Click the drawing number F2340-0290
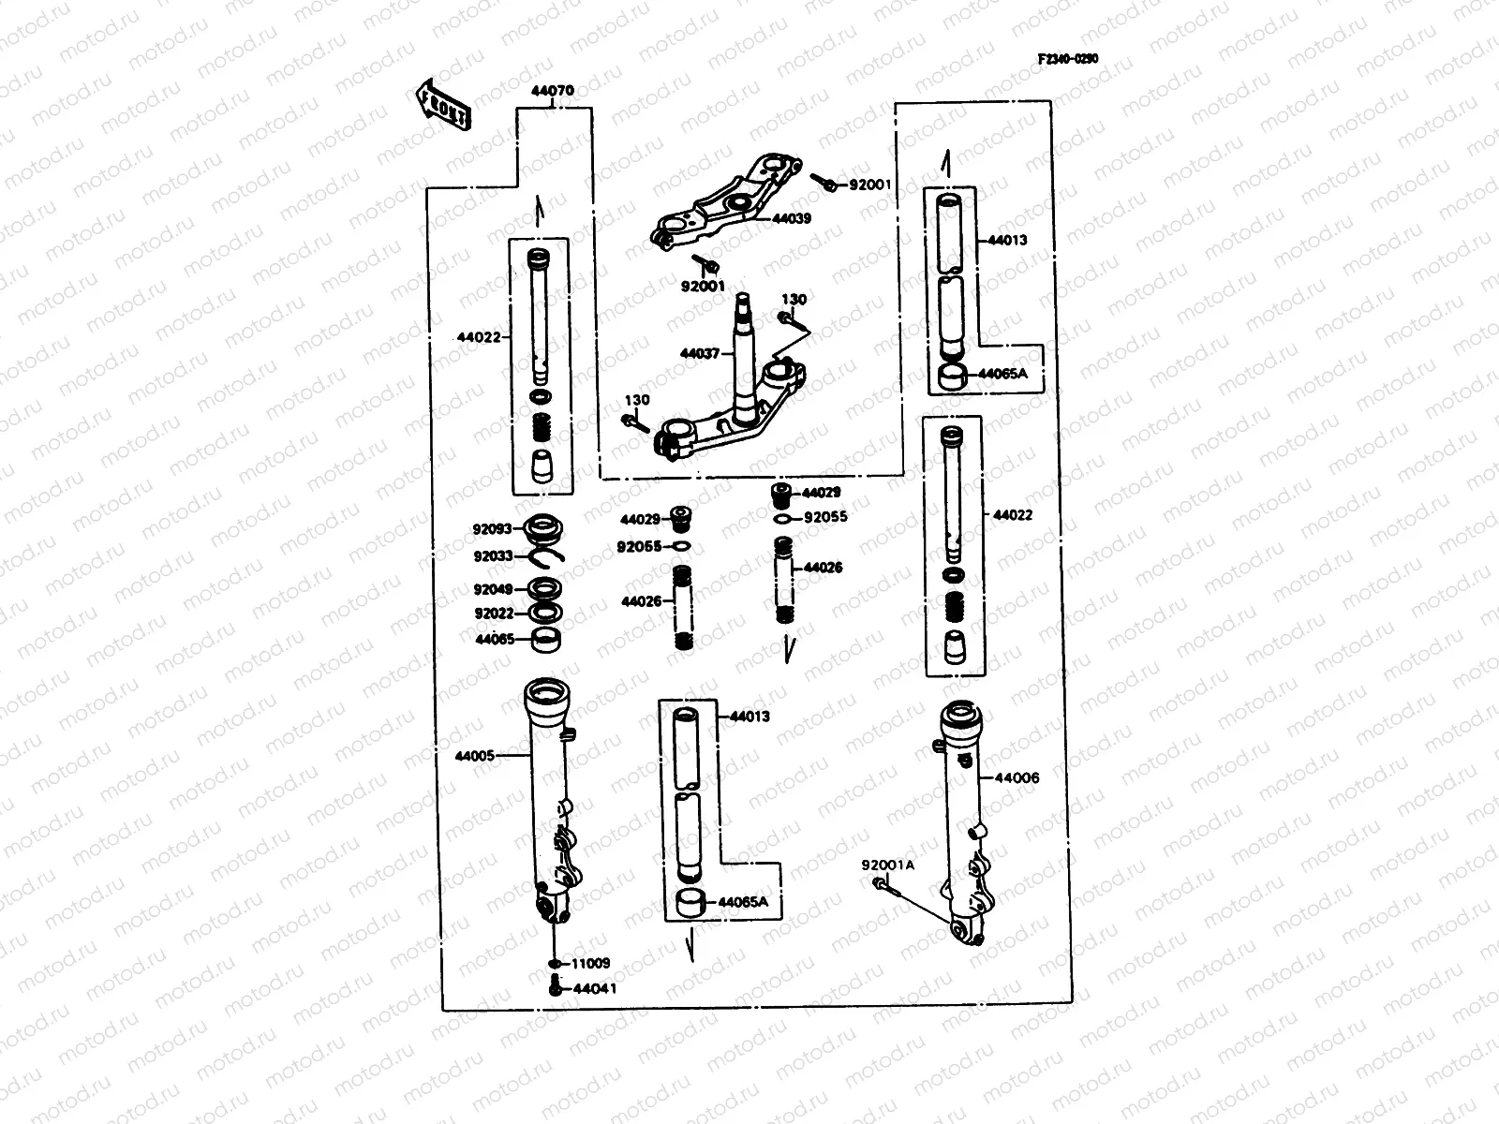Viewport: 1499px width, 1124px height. pos(1067,58)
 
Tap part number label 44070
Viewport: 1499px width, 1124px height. pos(553,92)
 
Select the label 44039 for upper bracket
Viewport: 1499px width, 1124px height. pos(792,218)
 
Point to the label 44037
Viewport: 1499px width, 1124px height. pos(700,353)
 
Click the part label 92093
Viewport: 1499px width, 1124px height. pos(493,529)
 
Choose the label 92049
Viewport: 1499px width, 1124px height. pos(493,590)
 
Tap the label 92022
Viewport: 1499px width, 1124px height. pos(493,614)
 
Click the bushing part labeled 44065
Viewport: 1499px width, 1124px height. pos(548,642)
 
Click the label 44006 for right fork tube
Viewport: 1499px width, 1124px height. pos(1017,777)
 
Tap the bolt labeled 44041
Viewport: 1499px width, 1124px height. pos(555,986)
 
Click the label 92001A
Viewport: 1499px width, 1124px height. pos(887,865)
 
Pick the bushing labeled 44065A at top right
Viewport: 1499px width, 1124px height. pos(953,377)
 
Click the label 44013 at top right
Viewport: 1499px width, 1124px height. pos(1007,240)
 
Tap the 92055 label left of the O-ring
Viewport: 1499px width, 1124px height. pos(639,547)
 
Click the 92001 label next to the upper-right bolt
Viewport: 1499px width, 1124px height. pos(870,185)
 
